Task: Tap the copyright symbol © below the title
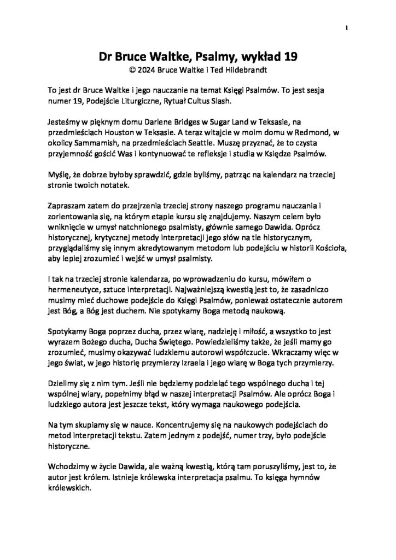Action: click(x=131, y=70)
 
